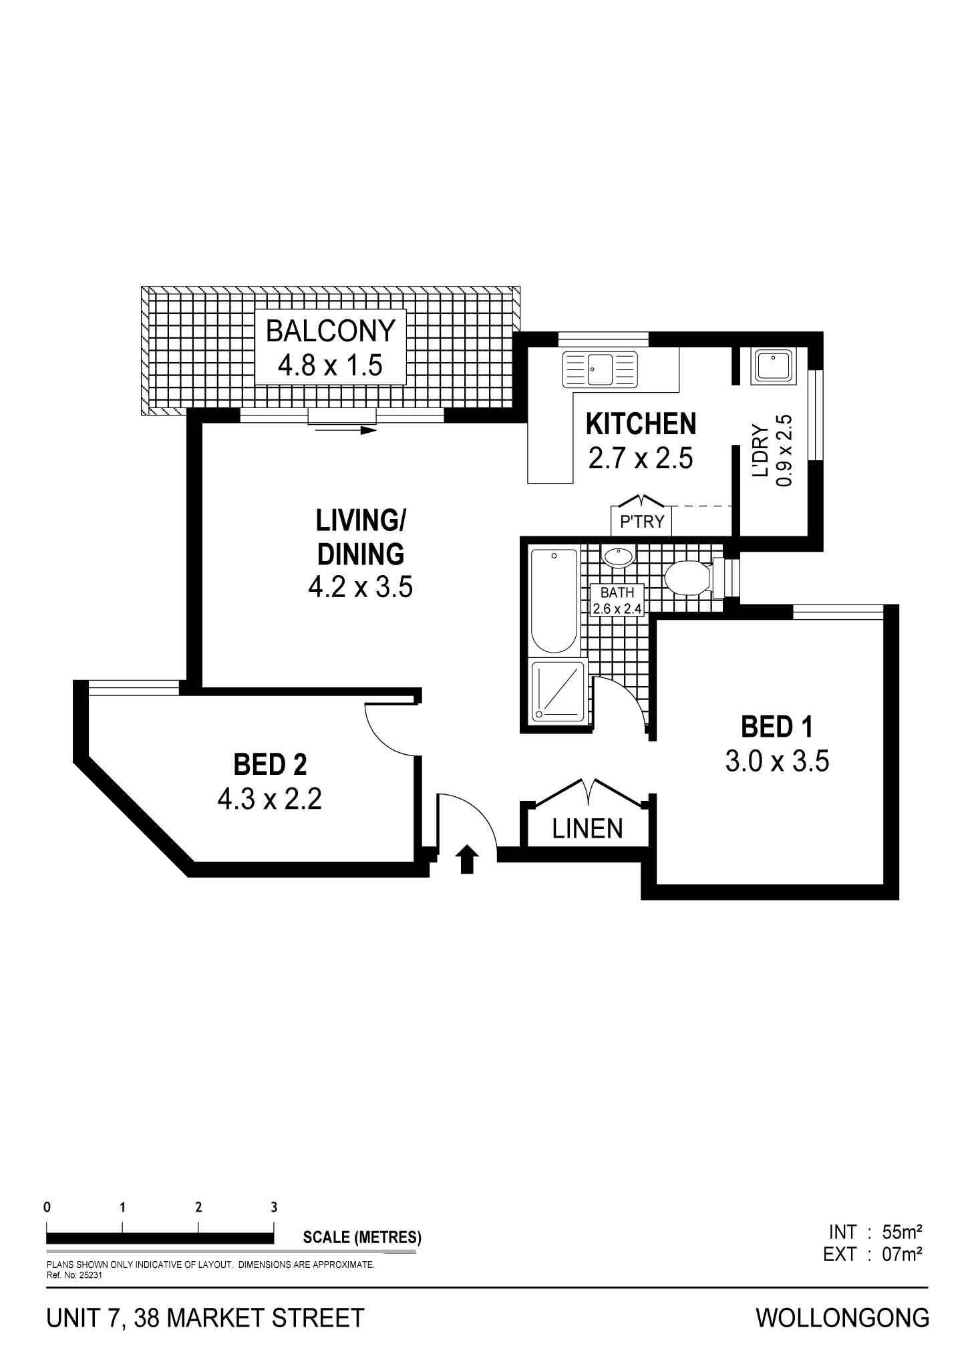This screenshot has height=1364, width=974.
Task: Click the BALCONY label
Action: (331, 331)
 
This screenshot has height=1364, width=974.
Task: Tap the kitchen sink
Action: (600, 369)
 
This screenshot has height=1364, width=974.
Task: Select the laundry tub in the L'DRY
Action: (773, 367)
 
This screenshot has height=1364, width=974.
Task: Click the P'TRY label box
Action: (642, 521)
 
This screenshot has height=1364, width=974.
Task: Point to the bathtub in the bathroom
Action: (554, 601)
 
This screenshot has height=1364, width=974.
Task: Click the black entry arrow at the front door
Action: (468, 859)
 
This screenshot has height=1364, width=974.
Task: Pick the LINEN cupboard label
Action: (587, 829)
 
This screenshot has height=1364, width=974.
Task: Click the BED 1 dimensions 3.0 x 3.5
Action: (777, 761)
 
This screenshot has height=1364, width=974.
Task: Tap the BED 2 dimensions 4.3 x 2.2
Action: (270, 799)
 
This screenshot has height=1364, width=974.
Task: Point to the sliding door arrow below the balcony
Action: (347, 430)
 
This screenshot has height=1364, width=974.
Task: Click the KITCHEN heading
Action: (641, 424)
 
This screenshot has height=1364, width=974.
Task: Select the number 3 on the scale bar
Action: (274, 1207)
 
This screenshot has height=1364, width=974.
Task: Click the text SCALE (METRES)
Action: (362, 1237)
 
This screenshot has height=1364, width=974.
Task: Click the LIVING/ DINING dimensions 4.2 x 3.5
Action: (360, 588)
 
